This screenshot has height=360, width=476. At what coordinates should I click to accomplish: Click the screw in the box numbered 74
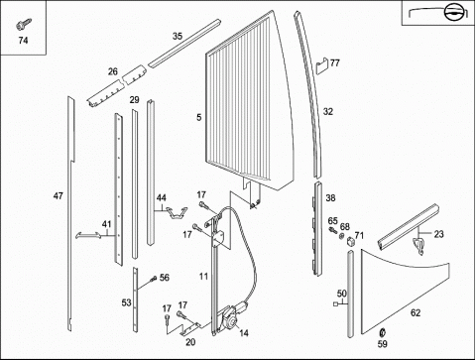click(24, 24)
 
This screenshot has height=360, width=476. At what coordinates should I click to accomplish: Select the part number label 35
click(178, 36)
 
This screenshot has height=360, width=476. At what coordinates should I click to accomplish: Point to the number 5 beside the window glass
click(198, 117)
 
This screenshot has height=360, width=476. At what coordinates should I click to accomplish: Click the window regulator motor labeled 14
click(233, 316)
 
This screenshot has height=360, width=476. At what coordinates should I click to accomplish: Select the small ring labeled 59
click(383, 331)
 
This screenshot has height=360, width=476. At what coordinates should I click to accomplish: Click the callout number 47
click(59, 196)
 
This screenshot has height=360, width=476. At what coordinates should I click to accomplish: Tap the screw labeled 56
click(154, 279)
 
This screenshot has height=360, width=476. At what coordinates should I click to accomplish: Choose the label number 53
click(126, 302)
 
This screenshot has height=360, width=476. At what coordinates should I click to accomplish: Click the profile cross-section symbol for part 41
click(88, 235)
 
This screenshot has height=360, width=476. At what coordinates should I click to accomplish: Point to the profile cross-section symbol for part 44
click(177, 212)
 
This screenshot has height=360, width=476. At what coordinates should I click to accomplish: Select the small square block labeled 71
click(350, 242)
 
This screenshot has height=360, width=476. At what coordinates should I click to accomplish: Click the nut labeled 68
click(342, 236)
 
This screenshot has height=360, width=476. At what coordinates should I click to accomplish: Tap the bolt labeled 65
click(333, 230)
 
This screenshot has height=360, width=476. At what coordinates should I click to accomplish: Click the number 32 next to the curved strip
click(328, 112)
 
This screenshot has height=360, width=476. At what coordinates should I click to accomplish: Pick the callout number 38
click(330, 198)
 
